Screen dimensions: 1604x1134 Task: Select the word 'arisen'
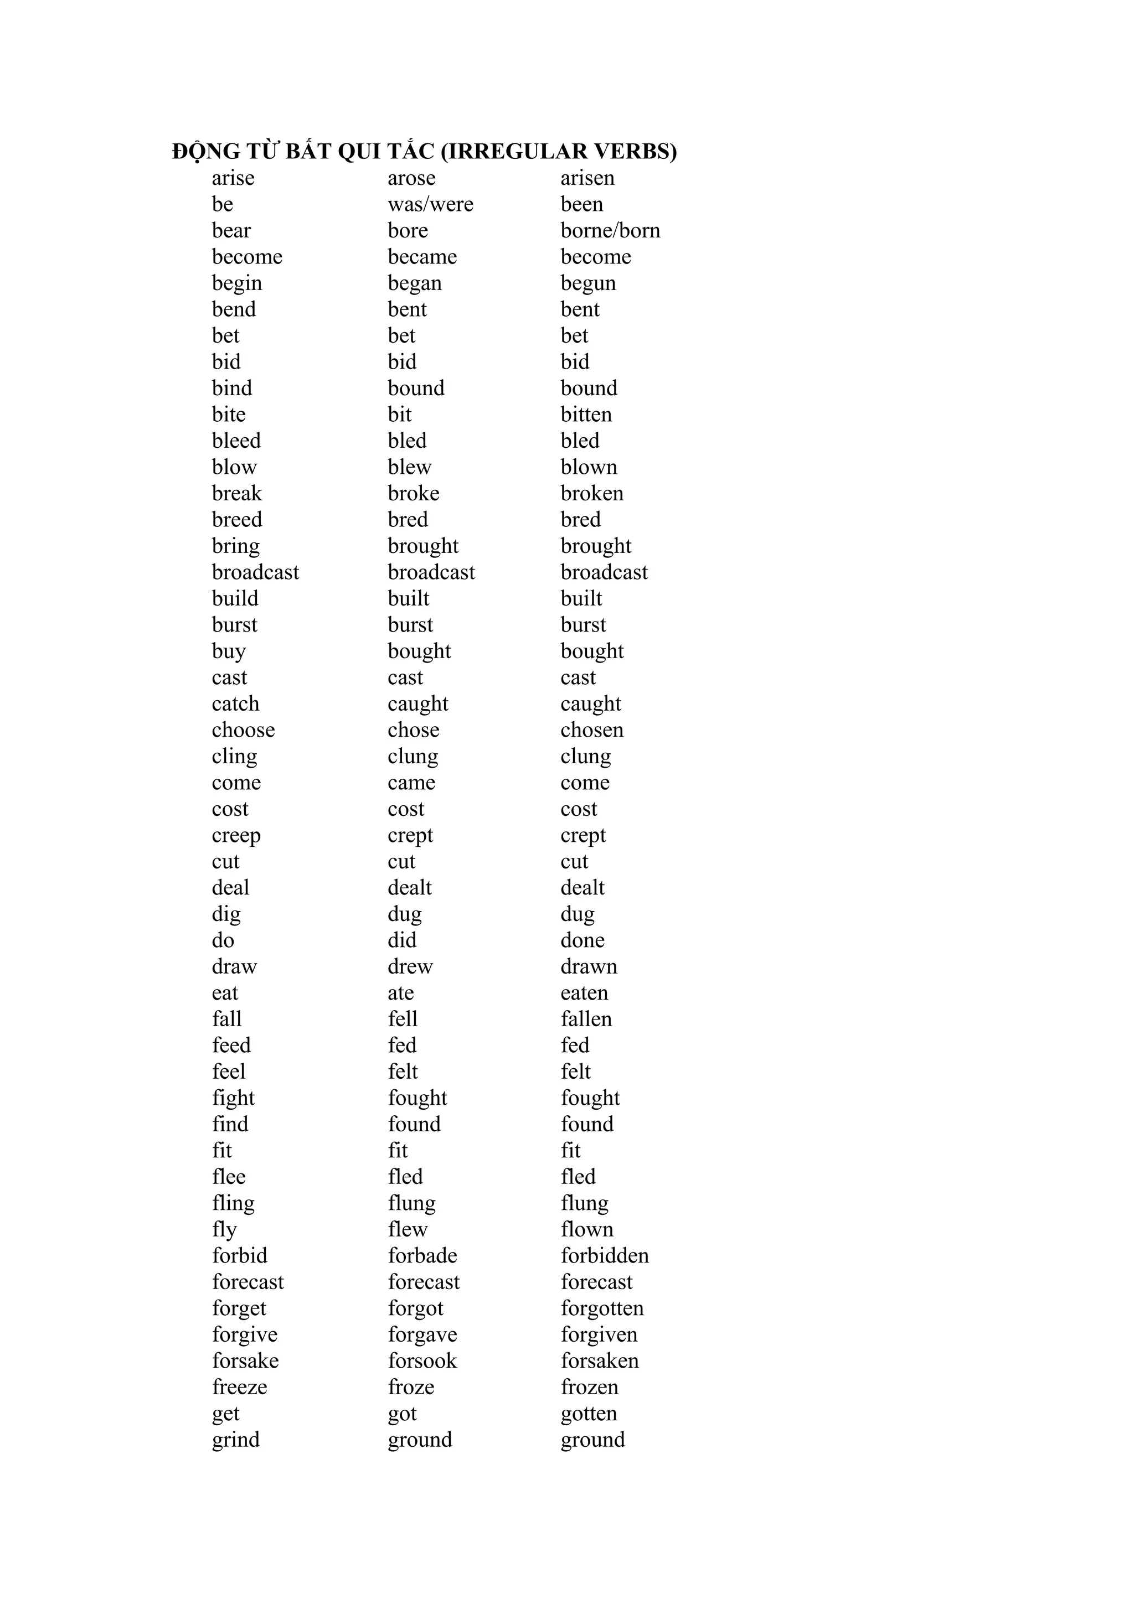(x=587, y=178)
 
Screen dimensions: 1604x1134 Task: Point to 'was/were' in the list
(x=430, y=205)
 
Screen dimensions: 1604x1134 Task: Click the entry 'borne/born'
(x=610, y=231)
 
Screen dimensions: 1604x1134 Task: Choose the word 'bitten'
(x=585, y=415)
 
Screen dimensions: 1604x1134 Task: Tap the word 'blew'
(x=409, y=467)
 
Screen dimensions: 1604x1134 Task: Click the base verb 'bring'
(x=235, y=546)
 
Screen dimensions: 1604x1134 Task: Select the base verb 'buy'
(x=229, y=652)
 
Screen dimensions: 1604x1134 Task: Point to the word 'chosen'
(x=591, y=730)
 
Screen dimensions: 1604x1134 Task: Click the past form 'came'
(x=411, y=783)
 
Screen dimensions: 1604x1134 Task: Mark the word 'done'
(x=582, y=941)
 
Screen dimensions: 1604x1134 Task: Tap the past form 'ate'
(x=400, y=994)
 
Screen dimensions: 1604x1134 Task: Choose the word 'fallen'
(x=585, y=1020)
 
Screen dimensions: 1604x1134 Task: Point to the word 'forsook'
(x=422, y=1361)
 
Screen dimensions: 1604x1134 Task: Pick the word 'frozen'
(x=589, y=1388)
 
